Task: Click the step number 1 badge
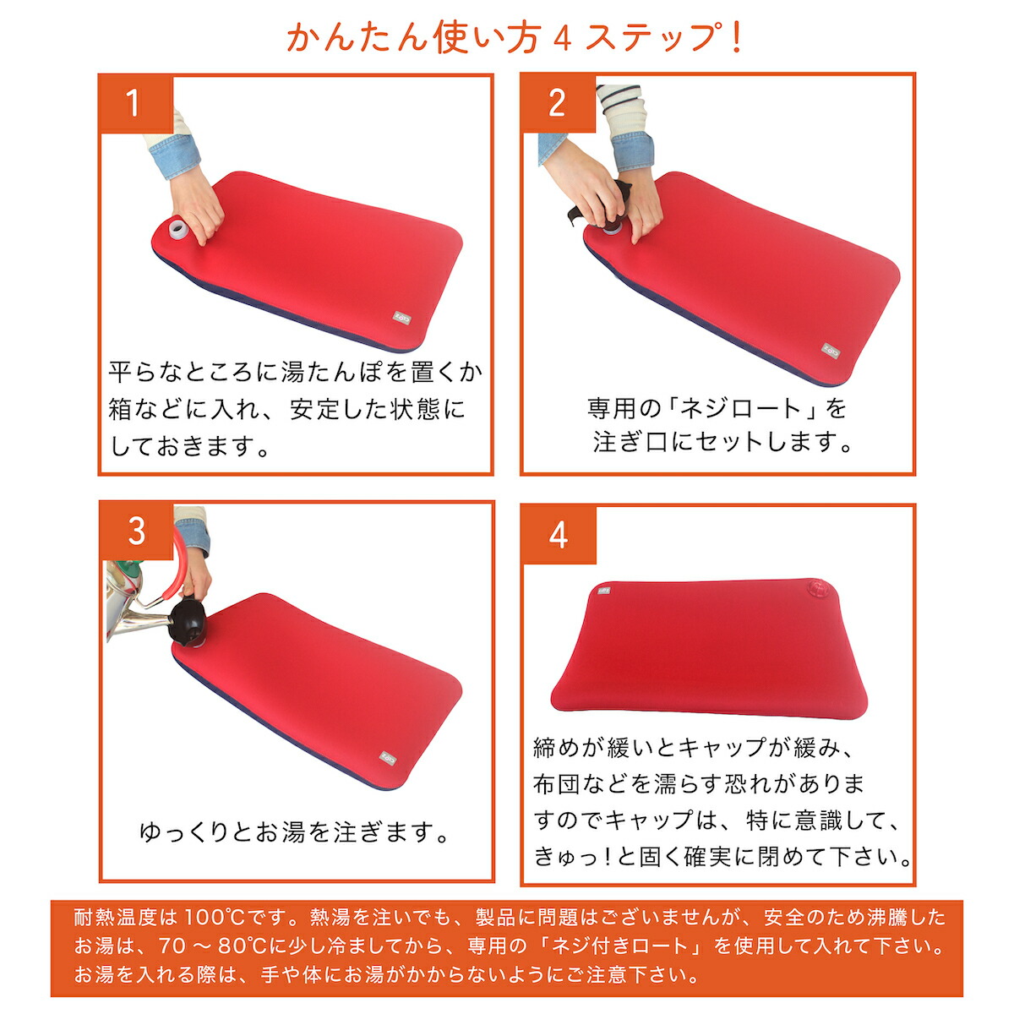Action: pyautogui.click(x=135, y=104)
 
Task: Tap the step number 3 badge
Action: pyautogui.click(x=137, y=532)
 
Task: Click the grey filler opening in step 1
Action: pyautogui.click(x=179, y=229)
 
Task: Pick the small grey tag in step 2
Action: pyautogui.click(x=831, y=348)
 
